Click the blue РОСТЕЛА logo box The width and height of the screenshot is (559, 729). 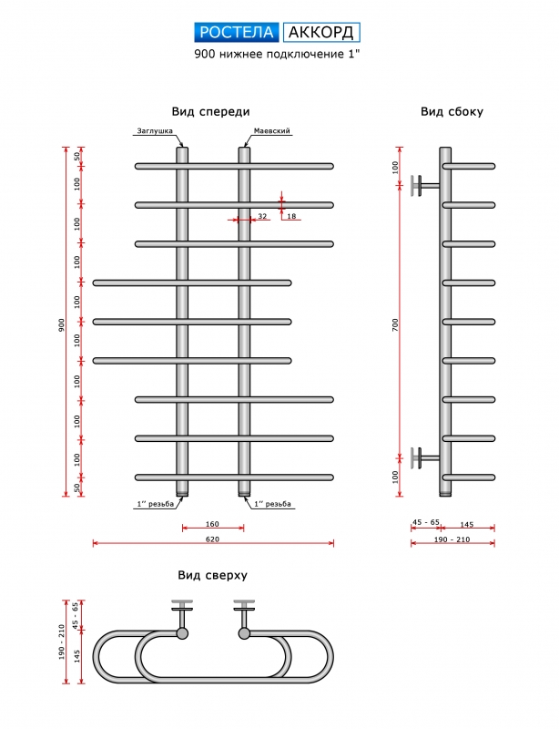click(x=237, y=33)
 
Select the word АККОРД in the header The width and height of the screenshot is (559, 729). click(x=321, y=33)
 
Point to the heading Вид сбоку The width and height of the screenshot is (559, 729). click(x=452, y=112)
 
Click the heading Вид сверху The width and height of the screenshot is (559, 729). click(x=213, y=575)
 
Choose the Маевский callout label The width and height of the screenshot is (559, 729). click(x=272, y=131)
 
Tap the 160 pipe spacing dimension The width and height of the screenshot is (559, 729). click(x=212, y=523)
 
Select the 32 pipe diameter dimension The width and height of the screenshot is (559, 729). click(x=262, y=216)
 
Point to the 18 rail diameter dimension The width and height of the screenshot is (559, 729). click(x=291, y=216)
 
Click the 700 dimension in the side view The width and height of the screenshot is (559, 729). click(x=395, y=324)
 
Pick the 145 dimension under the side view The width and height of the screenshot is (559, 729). click(x=466, y=523)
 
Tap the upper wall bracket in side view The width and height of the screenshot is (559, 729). click(x=422, y=185)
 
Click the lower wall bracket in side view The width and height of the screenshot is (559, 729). click(x=422, y=457)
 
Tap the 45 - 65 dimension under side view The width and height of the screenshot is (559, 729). click(x=425, y=523)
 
